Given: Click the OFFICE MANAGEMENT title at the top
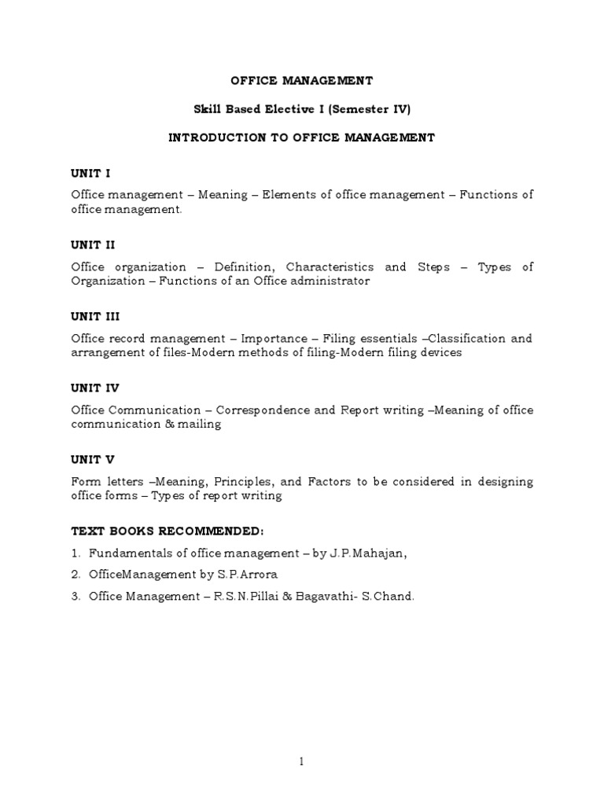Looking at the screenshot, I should coord(301,80).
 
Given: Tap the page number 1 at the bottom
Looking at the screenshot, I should coord(302,762).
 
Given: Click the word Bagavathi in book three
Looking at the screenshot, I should coord(323,597).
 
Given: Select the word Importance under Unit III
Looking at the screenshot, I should coord(274,339).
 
